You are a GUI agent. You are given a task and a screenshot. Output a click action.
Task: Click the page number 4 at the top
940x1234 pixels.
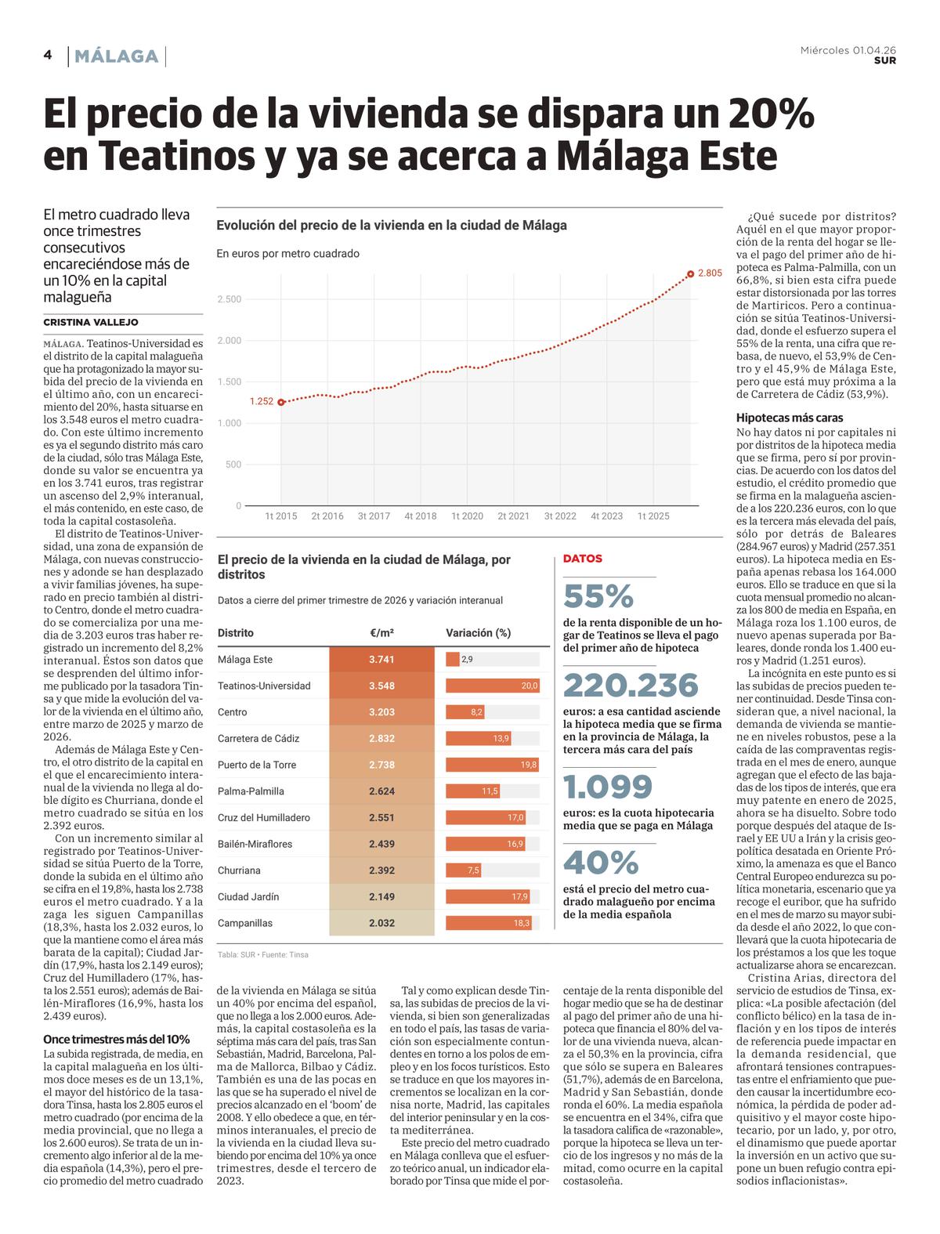(48, 55)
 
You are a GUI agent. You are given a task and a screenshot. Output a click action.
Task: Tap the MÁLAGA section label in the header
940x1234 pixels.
(116, 56)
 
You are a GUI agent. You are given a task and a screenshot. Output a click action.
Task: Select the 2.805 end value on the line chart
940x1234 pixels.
(710, 273)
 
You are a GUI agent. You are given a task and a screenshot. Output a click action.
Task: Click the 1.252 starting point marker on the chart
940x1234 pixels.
(281, 402)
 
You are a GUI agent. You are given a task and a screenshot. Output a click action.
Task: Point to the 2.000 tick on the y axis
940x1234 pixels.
(230, 340)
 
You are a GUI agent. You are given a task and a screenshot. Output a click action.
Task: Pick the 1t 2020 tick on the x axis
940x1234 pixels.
(467, 516)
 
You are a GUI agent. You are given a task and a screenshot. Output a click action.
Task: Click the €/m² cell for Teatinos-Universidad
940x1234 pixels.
(381, 686)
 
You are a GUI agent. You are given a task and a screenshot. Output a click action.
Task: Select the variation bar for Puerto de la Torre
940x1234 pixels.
(492, 765)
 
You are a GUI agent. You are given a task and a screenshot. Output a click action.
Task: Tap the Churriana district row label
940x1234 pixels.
(239, 870)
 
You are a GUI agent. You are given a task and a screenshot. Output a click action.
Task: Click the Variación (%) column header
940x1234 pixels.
(478, 633)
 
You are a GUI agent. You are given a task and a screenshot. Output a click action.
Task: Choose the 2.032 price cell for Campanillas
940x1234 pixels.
(381, 922)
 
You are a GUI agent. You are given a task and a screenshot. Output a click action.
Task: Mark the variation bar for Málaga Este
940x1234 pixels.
(453, 659)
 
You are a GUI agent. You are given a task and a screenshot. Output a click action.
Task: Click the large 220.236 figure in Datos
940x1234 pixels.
(631, 686)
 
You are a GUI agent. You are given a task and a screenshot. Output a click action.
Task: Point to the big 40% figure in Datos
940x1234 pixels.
(601, 863)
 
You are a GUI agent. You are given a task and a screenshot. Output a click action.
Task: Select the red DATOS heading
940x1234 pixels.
(583, 559)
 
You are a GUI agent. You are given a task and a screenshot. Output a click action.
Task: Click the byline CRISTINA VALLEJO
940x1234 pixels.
(90, 322)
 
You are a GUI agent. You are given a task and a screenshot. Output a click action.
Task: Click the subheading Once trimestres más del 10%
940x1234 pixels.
(116, 1040)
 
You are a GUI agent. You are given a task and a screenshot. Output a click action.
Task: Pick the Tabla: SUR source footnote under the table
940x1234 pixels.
(263, 954)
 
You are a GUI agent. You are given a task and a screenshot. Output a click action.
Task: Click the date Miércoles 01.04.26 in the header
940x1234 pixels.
(848, 51)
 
